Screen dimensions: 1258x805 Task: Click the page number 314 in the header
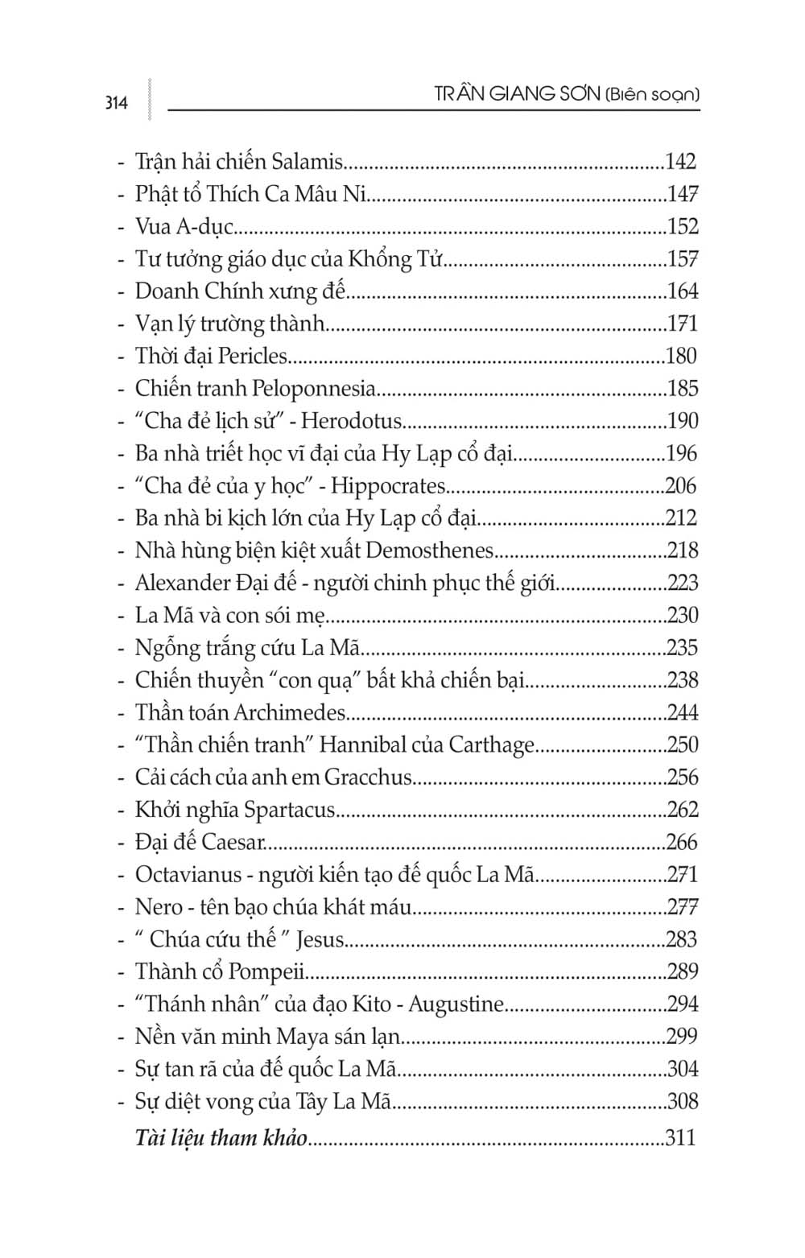tap(116, 103)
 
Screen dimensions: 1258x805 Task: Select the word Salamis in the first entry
tap(307, 162)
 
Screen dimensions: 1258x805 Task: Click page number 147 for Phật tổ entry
tap(682, 194)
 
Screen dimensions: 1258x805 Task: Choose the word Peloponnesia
tap(314, 389)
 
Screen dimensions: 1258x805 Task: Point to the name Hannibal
tap(363, 744)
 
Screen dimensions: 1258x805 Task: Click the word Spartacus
tap(289, 810)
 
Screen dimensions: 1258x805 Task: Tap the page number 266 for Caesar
tap(682, 842)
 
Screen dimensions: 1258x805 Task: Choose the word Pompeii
tap(266, 972)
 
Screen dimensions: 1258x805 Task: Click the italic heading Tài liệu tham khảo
tap(221, 1137)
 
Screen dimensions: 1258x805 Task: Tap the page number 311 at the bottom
tap(680, 1137)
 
